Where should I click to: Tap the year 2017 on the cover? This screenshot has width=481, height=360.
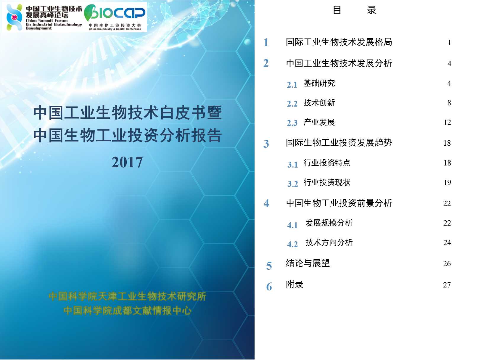click(127, 162)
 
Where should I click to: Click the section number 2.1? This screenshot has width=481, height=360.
click(292, 85)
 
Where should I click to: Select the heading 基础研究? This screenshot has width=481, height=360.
click(319, 83)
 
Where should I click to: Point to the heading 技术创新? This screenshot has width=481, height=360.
click(319, 103)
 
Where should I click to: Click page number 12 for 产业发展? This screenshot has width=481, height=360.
click(447, 122)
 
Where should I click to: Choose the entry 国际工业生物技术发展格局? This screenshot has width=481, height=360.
click(339, 42)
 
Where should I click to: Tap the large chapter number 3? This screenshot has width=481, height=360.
click(266, 144)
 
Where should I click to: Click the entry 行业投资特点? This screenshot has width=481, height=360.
click(327, 163)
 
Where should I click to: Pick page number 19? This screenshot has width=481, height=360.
click(447, 182)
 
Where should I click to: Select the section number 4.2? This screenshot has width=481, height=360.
click(292, 244)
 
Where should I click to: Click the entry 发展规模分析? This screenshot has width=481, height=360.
click(329, 223)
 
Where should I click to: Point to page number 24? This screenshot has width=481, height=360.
click(447, 242)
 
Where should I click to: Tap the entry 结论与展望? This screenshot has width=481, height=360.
click(308, 263)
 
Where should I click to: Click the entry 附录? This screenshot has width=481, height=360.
click(295, 285)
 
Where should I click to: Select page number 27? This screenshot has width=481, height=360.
click(447, 285)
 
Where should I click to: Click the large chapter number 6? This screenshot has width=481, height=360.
click(269, 287)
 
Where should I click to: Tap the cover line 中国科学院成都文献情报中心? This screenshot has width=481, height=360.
click(127, 311)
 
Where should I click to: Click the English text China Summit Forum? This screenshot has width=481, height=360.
click(47, 21)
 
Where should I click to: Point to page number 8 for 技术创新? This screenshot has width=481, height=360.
click(449, 103)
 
